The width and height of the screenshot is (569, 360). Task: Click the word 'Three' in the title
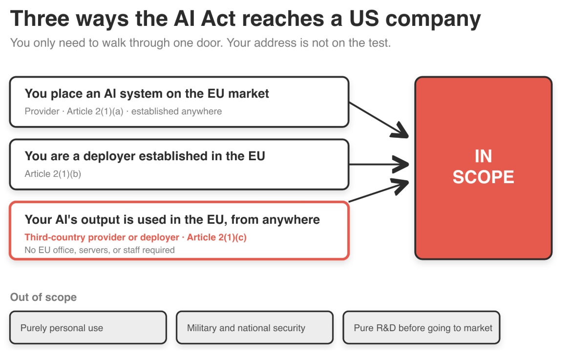click(40, 19)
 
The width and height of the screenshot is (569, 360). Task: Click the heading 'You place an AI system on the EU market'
click(147, 94)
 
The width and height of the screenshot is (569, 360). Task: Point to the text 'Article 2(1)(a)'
click(95, 111)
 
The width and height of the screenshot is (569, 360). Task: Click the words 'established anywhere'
click(176, 111)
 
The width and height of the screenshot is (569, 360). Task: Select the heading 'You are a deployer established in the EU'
click(145, 156)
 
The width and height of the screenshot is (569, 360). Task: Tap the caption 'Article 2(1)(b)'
click(53, 174)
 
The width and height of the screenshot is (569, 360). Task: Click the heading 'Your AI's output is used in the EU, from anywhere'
click(172, 219)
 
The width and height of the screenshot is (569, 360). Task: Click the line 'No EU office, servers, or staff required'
click(100, 250)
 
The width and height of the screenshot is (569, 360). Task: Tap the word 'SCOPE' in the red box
click(483, 177)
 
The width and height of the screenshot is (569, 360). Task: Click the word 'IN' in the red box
click(484, 156)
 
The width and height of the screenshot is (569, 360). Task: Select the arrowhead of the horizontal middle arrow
click(402, 165)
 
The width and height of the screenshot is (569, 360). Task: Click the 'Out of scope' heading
click(43, 297)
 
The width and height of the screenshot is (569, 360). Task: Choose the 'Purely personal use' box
click(88, 327)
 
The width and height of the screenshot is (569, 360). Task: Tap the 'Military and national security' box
click(255, 327)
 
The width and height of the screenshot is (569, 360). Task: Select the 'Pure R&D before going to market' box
click(421, 327)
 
